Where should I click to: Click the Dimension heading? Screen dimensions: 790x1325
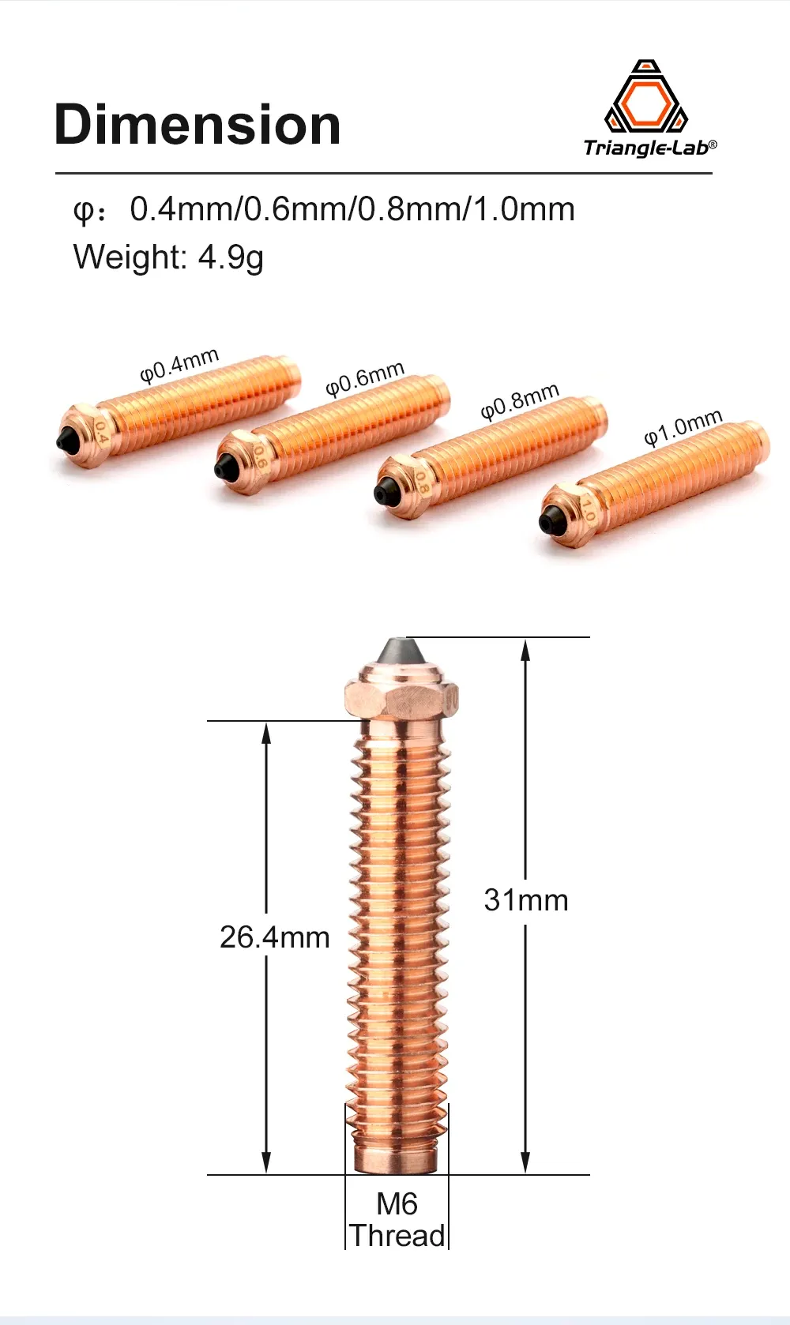tap(197, 124)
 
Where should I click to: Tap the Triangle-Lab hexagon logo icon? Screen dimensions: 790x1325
tap(646, 96)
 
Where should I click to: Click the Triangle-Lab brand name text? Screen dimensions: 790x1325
tap(649, 148)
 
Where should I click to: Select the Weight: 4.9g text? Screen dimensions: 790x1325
tap(168, 257)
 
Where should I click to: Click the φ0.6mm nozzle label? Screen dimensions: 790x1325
tap(364, 378)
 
